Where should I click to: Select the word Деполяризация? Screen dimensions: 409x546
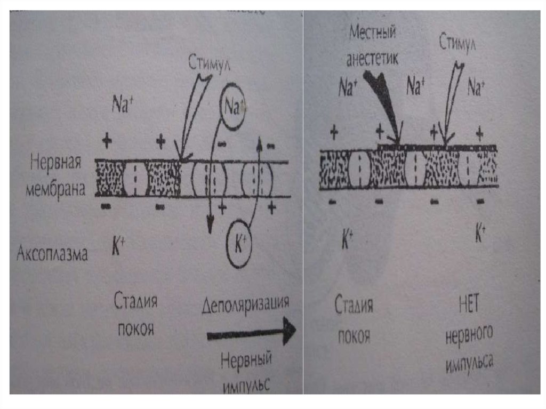[x=246, y=305]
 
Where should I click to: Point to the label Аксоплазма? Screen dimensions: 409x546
[x=52, y=253]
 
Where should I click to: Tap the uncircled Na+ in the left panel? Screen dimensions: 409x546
[x=122, y=103]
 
